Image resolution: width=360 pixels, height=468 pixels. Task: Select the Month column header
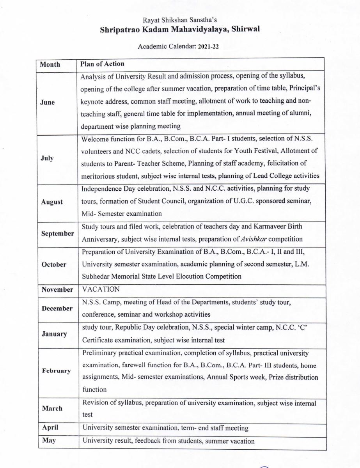(50, 64)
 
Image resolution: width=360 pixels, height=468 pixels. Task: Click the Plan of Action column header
(102, 64)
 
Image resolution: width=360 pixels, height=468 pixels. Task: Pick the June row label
(48, 103)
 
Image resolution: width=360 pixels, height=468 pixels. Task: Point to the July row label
(47, 158)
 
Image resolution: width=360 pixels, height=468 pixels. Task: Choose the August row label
(51, 202)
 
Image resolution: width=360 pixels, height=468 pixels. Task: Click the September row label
(57, 233)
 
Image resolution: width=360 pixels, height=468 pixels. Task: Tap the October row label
(54, 264)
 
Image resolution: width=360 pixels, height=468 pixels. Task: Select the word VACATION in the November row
(101, 290)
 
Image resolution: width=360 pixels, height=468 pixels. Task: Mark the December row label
(57, 308)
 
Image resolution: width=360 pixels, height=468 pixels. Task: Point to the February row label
(56, 370)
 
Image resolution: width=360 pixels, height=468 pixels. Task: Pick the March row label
(52, 408)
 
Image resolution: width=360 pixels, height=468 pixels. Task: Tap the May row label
(48, 441)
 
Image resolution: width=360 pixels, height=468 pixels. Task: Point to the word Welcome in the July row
(95, 139)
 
